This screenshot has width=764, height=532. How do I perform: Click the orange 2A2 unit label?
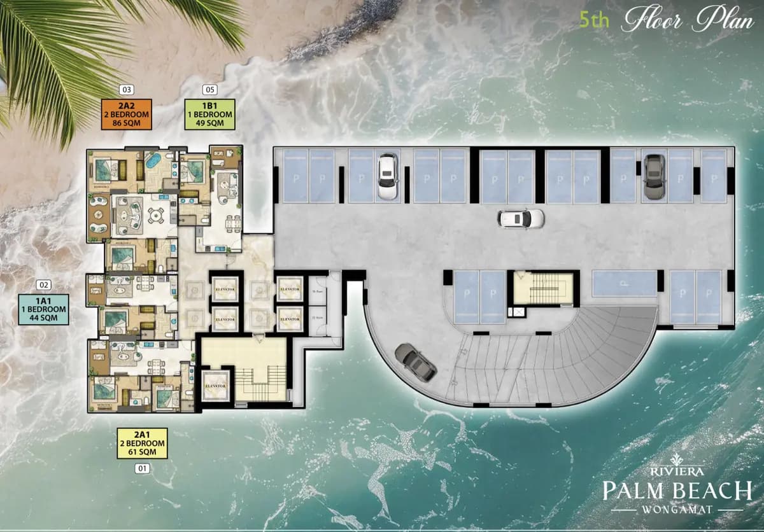(x=127, y=114)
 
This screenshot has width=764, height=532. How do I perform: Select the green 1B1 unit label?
(x=209, y=114)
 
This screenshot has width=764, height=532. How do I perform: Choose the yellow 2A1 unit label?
(x=141, y=443)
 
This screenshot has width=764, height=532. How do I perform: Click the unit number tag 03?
(x=127, y=90)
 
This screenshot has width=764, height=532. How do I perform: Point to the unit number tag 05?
(x=209, y=90)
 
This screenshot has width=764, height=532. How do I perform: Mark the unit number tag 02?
(x=44, y=285)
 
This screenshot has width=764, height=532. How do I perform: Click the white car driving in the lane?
(x=521, y=218)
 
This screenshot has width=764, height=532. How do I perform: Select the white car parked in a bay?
(x=387, y=176)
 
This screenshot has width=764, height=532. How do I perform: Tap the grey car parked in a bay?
(x=653, y=176)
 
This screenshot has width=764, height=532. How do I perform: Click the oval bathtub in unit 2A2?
(x=153, y=160)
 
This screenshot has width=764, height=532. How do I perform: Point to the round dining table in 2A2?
(x=156, y=216)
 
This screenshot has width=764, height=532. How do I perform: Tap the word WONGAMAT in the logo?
(x=677, y=510)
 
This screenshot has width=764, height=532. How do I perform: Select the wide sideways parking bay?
(x=624, y=284)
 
